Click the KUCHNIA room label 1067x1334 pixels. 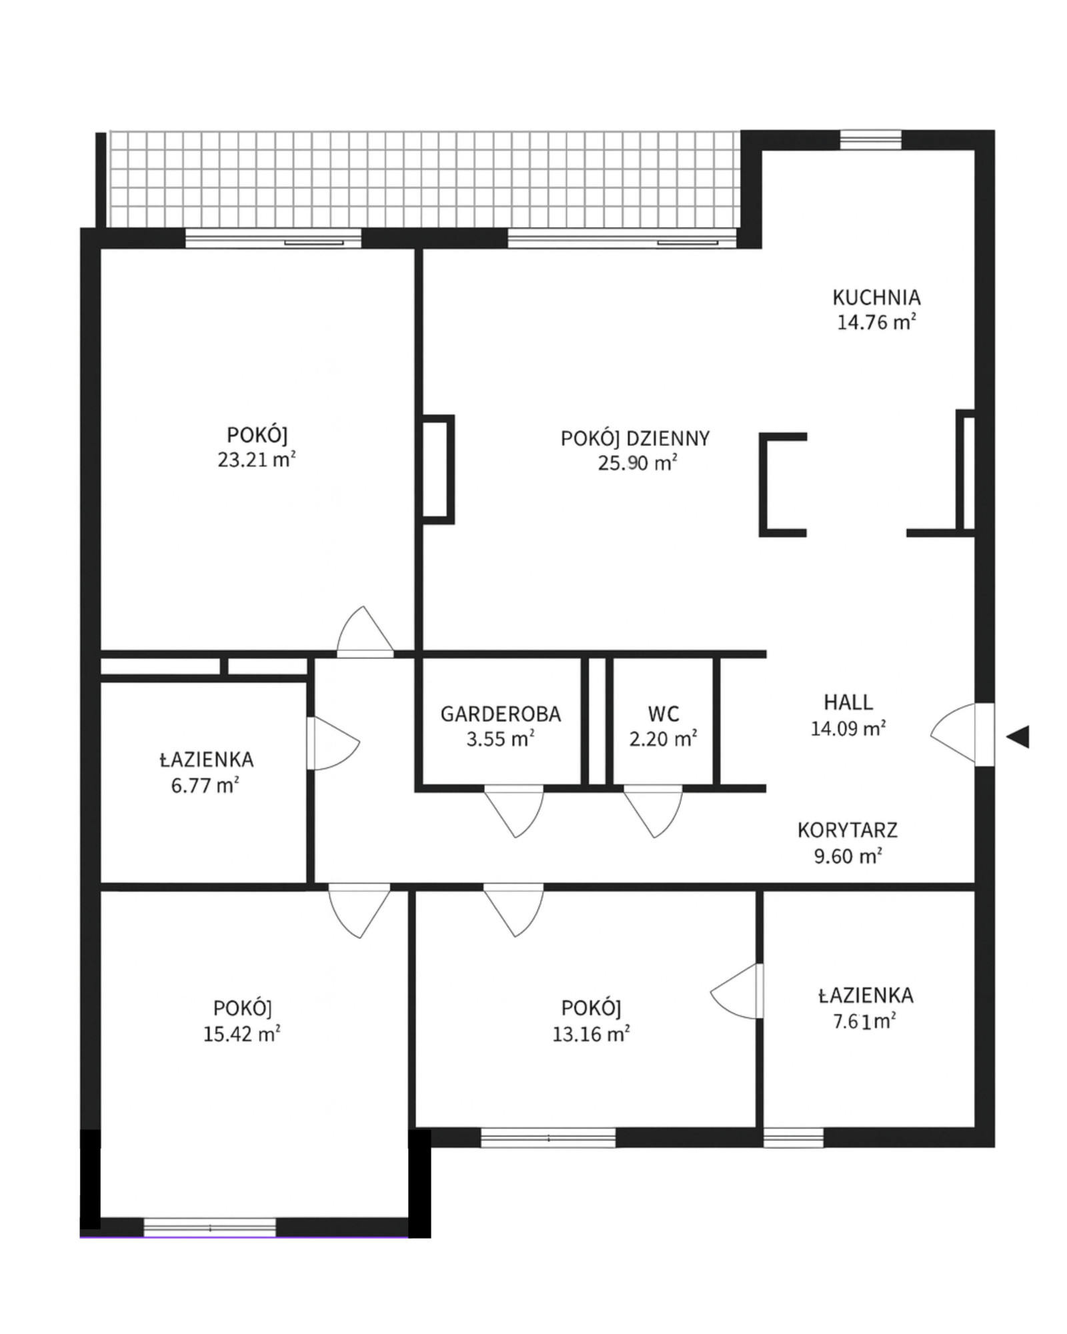pyautogui.click(x=876, y=297)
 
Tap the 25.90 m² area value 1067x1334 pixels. pyautogui.click(x=638, y=463)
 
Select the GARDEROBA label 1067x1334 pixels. pyautogui.click(x=501, y=714)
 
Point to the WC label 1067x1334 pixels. pyautogui.click(x=664, y=714)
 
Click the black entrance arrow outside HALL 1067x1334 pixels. pyautogui.click(x=1018, y=737)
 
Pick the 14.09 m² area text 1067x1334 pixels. pyautogui.click(x=848, y=728)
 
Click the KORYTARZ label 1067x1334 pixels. pyautogui.click(x=848, y=830)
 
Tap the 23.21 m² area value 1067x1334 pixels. pyautogui.click(x=257, y=460)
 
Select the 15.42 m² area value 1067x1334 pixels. pyautogui.click(x=242, y=1034)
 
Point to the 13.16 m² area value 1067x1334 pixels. pyautogui.click(x=592, y=1034)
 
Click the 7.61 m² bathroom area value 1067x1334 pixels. pyautogui.click(x=864, y=1022)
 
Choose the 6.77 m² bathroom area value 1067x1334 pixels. pyautogui.click(x=205, y=785)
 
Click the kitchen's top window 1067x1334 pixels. pyautogui.click(x=870, y=140)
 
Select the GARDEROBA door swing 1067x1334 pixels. pyautogui.click(x=514, y=811)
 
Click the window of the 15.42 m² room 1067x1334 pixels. pyautogui.click(x=210, y=1227)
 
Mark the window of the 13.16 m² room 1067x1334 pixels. pyautogui.click(x=548, y=1138)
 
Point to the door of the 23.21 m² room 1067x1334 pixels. pyautogui.click(x=365, y=632)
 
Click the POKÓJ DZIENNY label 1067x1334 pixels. pyautogui.click(x=636, y=438)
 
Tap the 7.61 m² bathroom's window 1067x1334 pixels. pyautogui.click(x=794, y=1138)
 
